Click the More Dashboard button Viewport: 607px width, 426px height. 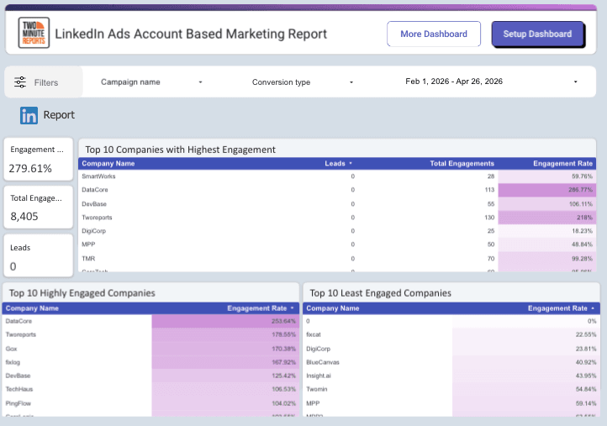434,34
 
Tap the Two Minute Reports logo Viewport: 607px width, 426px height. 34,34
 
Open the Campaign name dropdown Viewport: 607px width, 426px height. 151,82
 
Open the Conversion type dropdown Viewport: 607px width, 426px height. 303,82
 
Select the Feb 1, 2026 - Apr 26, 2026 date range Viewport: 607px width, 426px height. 492,82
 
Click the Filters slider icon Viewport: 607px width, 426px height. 21,82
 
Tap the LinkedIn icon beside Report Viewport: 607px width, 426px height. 29,115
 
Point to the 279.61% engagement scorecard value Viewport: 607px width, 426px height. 30,168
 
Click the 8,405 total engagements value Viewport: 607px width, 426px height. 25,216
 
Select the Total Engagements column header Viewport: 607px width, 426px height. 462,163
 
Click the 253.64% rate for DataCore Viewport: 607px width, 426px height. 278,321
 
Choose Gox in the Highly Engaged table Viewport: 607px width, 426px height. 12,348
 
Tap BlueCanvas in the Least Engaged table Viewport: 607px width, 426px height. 323,361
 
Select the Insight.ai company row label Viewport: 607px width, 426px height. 323,375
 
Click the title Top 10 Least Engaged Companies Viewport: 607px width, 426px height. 380,293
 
